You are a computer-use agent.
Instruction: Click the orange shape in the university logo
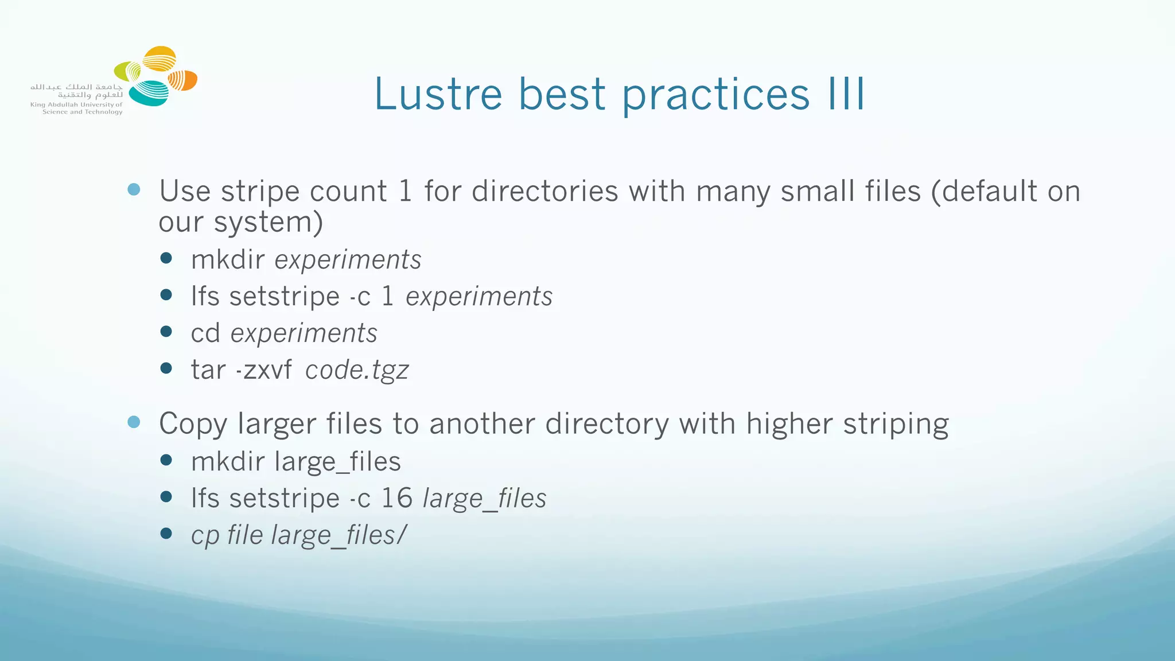click(x=184, y=81)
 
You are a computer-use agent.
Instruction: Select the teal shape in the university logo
click(x=149, y=94)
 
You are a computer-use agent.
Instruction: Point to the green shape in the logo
click(x=127, y=71)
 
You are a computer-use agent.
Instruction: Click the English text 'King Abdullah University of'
click(x=76, y=105)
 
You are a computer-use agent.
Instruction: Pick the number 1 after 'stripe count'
click(x=405, y=191)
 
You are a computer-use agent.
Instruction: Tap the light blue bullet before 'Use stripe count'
click(x=134, y=189)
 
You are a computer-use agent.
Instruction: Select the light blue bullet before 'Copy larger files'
click(x=134, y=422)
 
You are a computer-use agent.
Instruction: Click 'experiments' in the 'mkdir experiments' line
click(x=348, y=260)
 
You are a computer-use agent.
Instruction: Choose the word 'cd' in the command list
click(x=205, y=333)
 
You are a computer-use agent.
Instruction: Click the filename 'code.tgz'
click(x=357, y=370)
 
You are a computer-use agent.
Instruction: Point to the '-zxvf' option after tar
click(x=264, y=370)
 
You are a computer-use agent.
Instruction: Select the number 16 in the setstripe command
click(x=396, y=498)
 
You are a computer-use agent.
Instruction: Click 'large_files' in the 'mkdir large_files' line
click(x=337, y=462)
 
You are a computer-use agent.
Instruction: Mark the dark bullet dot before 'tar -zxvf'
click(x=166, y=368)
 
